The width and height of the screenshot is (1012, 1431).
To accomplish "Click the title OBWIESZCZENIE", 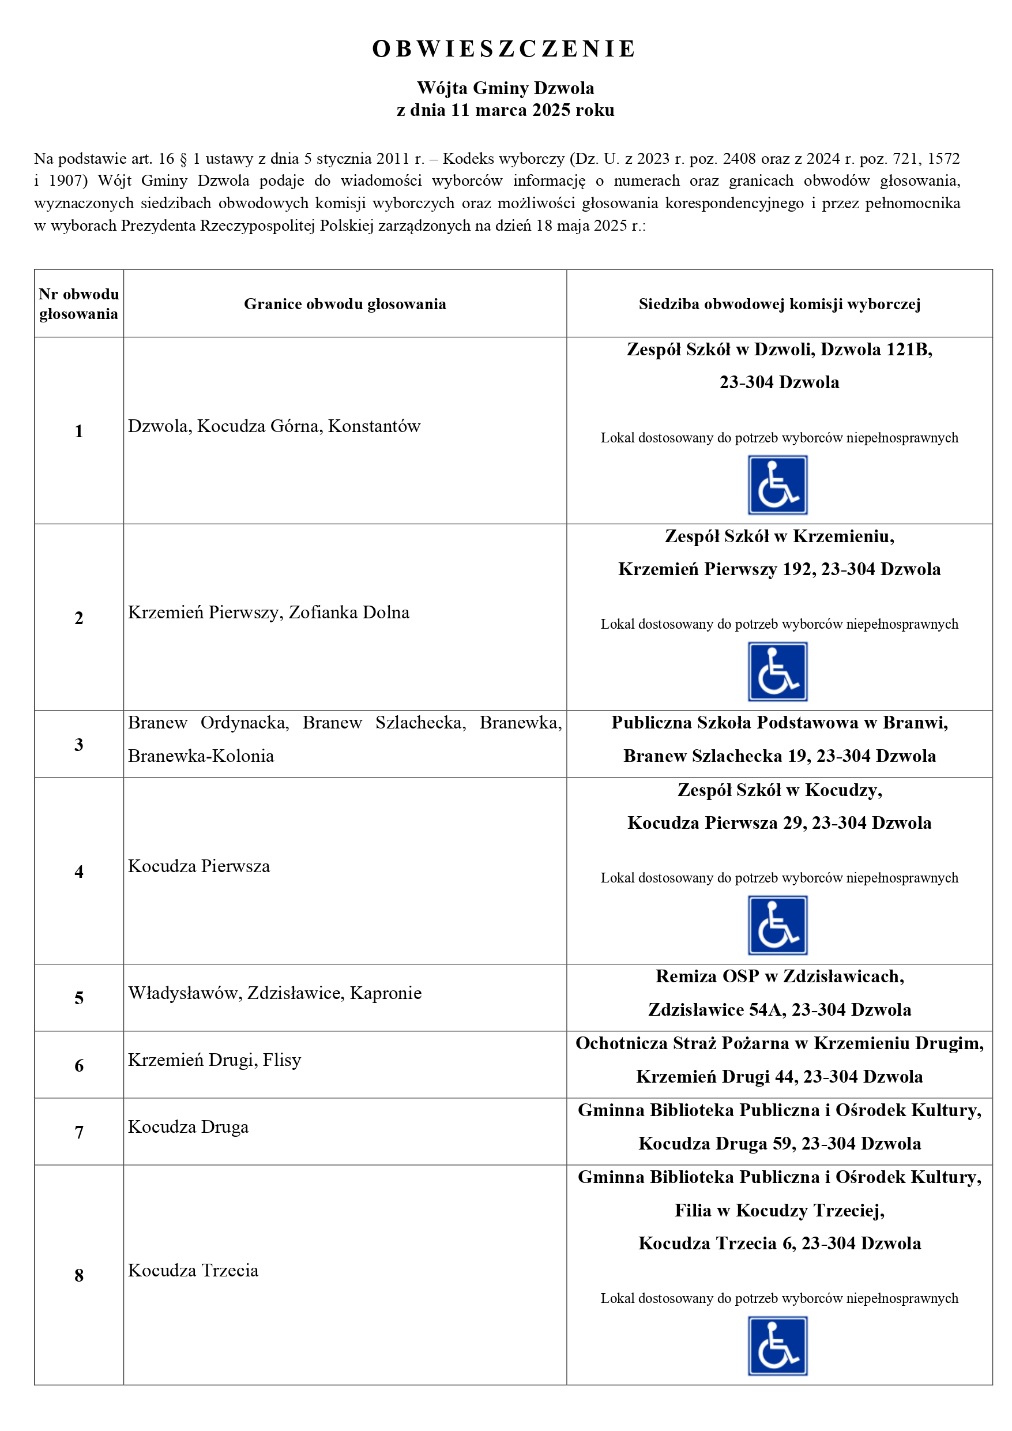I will (505, 48).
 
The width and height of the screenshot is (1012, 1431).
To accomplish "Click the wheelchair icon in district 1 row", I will (777, 485).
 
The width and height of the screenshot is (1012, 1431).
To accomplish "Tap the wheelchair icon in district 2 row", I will (777, 672).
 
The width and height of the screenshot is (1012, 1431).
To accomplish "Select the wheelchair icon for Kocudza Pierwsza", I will (777, 926).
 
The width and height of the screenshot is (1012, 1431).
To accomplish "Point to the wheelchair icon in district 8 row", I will (777, 1346).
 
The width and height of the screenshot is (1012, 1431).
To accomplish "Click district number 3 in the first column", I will (78, 745).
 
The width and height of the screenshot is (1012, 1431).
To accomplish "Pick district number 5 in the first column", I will (78, 998).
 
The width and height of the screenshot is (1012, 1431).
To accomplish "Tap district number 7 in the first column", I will (78, 1132).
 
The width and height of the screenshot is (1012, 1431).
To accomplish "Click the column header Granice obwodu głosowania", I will (345, 304).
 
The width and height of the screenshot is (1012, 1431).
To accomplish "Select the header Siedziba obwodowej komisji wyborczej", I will (779, 304).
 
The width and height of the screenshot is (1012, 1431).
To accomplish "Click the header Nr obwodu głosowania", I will (78, 304).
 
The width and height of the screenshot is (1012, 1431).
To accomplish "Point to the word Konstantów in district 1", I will (374, 426).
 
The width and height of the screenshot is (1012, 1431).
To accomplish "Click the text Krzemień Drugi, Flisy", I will (215, 1060).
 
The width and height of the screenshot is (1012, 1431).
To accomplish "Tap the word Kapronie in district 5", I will (386, 993).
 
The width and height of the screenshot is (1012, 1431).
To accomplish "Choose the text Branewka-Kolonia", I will (201, 757).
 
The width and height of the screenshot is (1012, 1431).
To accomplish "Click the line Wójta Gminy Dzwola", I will (505, 88).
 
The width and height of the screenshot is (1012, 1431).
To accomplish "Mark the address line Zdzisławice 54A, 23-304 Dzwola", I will (779, 1011).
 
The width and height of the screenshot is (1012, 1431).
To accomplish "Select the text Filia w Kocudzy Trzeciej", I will (779, 1210).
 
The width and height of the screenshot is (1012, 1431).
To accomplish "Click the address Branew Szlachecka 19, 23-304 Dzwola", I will (779, 757).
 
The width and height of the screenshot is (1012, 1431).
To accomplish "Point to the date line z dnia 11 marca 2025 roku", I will (505, 110).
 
